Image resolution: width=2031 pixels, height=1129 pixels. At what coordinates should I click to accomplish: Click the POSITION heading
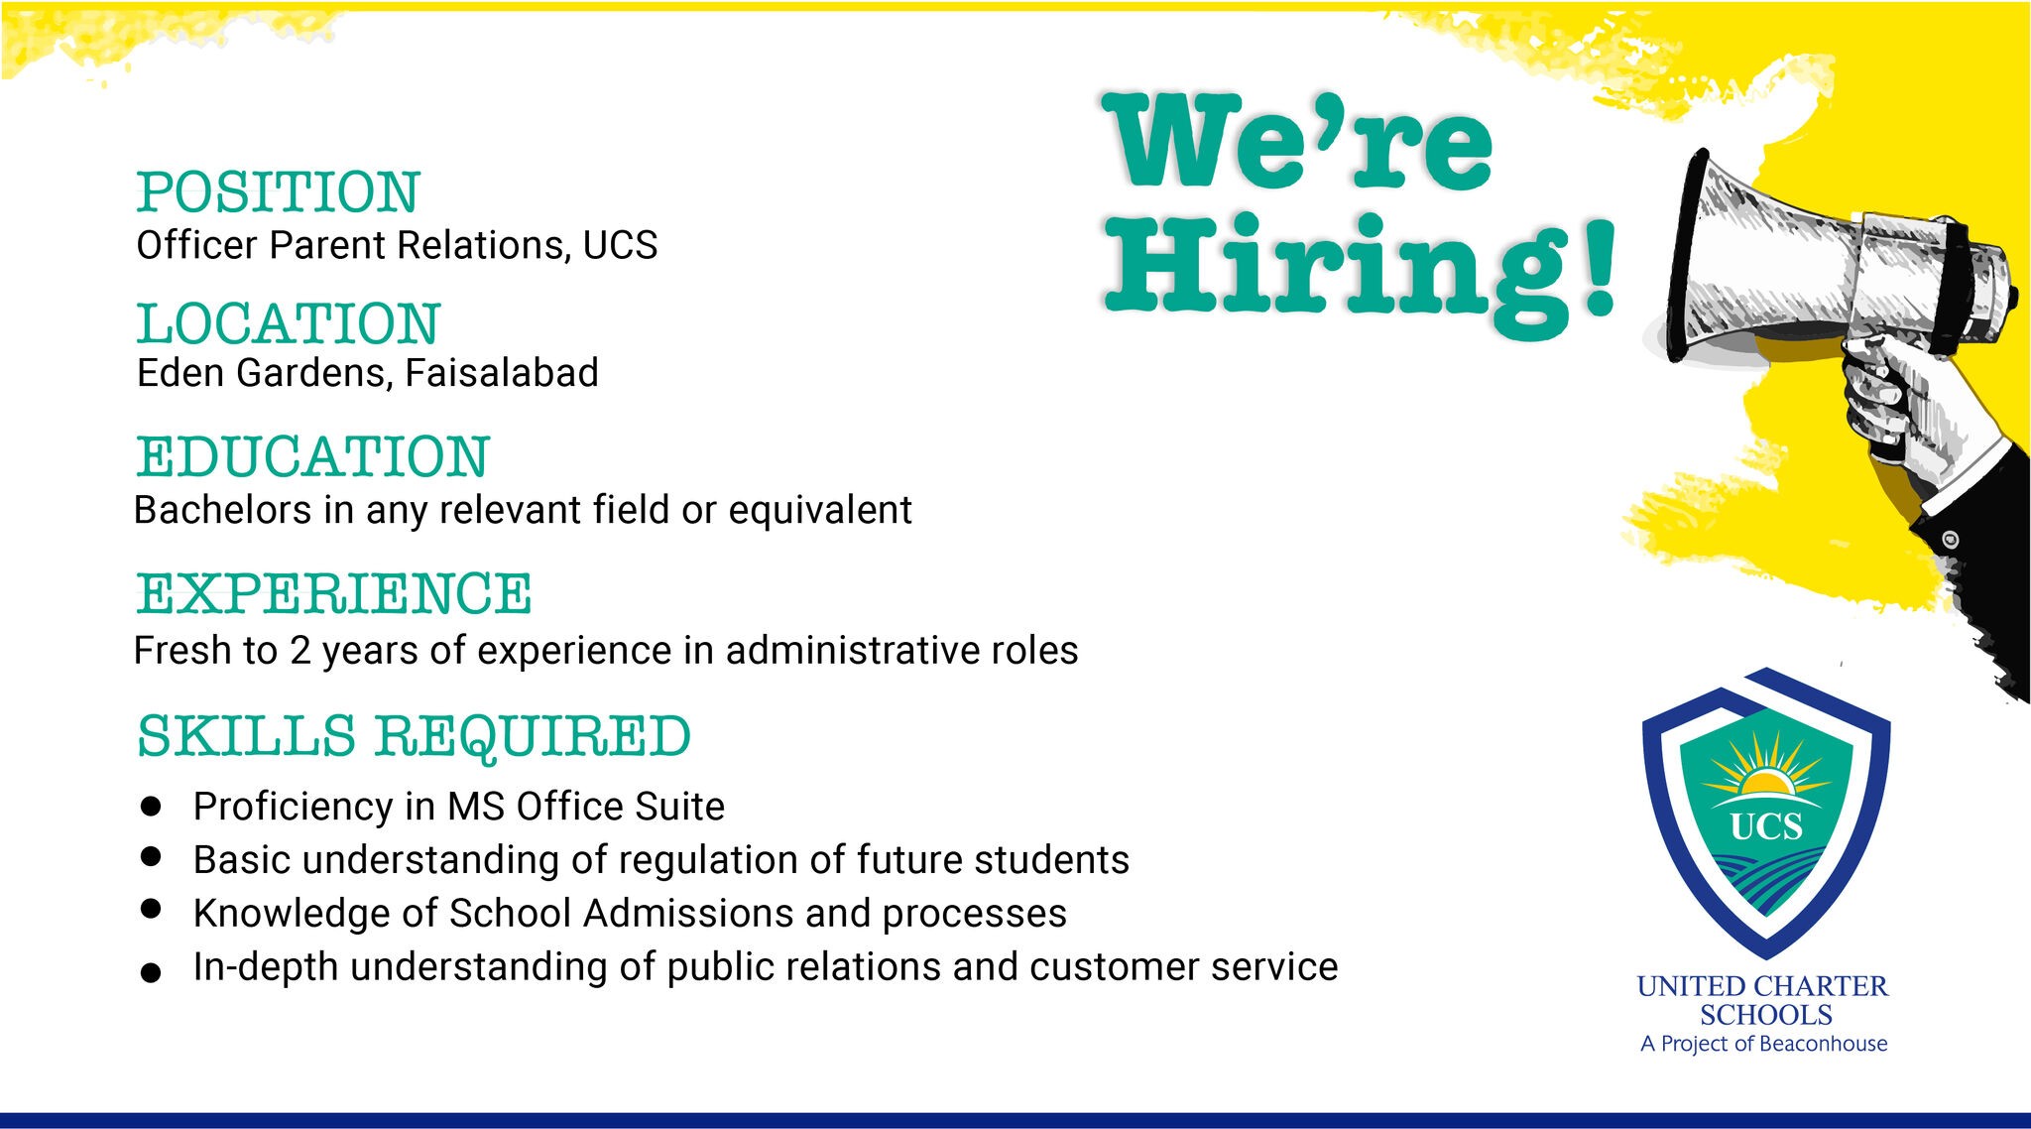click(279, 191)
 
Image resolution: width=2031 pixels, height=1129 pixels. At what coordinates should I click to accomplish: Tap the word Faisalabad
click(502, 373)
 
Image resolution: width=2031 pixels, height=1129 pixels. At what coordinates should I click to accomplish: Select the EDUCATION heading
click(313, 456)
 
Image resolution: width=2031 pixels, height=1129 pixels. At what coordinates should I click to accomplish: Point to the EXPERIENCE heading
click(334, 593)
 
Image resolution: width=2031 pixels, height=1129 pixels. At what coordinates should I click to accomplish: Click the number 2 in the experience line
click(300, 651)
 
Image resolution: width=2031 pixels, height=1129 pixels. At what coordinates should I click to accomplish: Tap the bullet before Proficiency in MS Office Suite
click(151, 807)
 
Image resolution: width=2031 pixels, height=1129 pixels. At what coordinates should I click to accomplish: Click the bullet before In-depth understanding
click(151, 973)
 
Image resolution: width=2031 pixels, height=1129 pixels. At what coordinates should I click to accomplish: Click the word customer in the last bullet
click(1115, 966)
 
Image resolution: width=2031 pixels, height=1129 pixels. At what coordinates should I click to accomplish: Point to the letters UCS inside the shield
click(1766, 826)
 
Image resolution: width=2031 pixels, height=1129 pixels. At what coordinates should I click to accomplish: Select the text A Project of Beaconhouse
click(1764, 1044)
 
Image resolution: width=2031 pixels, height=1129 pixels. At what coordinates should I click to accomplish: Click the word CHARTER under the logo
click(1821, 986)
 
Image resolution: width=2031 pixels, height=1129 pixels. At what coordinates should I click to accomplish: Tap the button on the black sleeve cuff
click(1950, 540)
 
